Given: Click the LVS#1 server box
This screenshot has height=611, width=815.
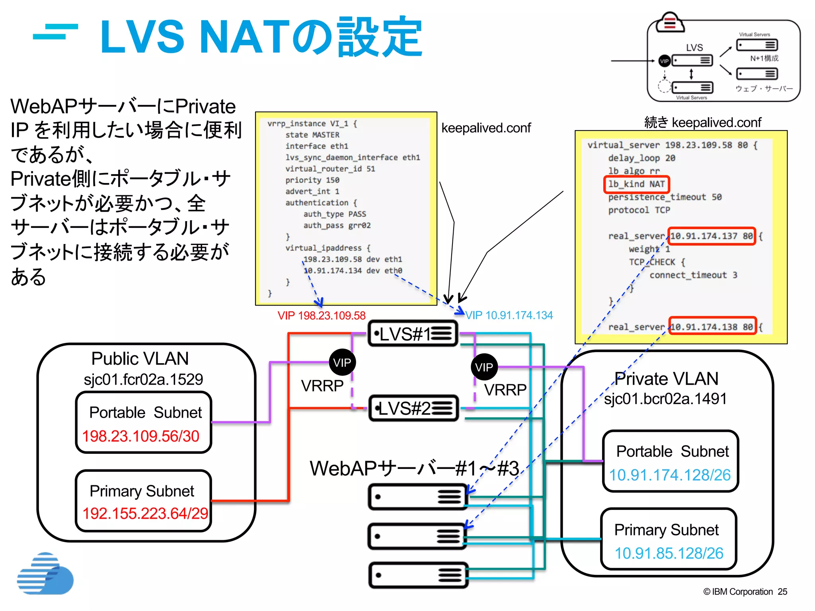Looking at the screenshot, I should (413, 334).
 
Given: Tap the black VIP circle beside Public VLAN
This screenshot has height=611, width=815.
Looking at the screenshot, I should (342, 362).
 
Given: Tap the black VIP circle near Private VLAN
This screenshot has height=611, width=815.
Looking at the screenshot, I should (484, 367).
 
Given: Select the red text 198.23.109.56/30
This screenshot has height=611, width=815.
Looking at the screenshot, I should (141, 436).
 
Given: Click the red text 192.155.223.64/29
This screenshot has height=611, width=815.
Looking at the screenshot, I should (145, 514).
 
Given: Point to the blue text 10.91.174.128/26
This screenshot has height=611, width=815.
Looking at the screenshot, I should (670, 475).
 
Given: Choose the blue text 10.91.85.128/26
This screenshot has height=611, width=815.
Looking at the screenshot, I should (669, 553).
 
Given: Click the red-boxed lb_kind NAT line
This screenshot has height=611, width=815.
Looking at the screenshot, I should (637, 184).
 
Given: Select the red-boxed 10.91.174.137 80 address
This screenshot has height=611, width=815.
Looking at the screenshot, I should (712, 236).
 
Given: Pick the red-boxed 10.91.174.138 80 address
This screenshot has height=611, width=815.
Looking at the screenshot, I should (712, 327).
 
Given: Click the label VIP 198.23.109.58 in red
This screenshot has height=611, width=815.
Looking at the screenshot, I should (322, 316).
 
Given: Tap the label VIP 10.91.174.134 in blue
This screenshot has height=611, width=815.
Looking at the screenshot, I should (509, 315).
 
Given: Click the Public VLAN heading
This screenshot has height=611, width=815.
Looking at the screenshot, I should (140, 359).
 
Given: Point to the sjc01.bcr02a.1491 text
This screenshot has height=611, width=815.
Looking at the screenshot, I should (665, 399).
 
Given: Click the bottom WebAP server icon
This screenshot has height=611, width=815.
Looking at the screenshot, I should (418, 575).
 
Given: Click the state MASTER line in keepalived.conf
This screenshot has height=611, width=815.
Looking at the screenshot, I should (312, 135).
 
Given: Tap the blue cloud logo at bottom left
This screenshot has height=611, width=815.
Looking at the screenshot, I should (45, 574).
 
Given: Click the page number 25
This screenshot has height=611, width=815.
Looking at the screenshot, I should (782, 592).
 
